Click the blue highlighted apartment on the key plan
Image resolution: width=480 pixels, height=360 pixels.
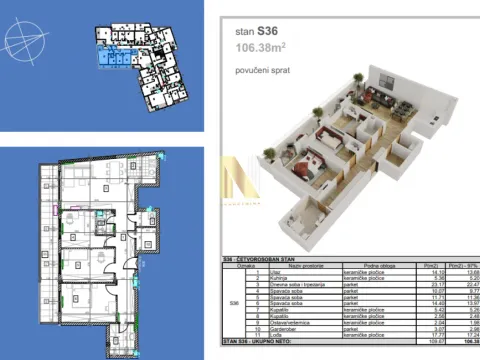pos(111,62)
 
